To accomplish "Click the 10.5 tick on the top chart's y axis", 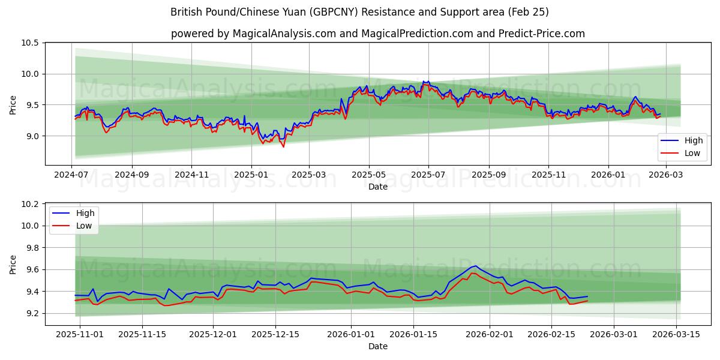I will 31,43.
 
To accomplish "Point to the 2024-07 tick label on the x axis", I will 72,174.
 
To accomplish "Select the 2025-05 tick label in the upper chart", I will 369,174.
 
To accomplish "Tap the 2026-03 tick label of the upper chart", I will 666,174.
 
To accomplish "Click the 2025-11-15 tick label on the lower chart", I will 142,335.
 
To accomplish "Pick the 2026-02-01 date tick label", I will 490,335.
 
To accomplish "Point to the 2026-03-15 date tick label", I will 677,335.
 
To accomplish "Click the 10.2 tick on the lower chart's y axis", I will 31,204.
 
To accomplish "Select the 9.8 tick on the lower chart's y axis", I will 31,248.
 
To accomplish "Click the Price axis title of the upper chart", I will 13,105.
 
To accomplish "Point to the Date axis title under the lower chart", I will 378,347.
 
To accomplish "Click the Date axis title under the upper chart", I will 378,187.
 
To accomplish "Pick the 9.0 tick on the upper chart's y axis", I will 31,136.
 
